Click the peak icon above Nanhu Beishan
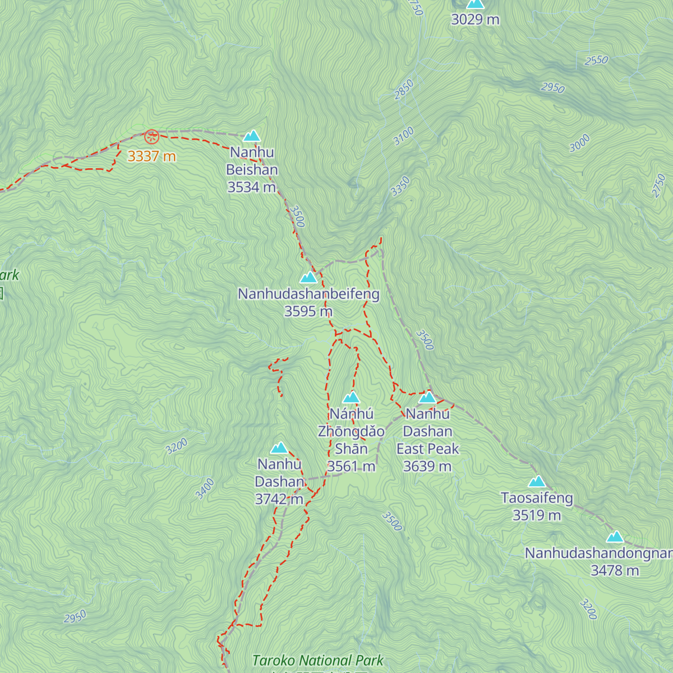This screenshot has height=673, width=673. click(251, 136)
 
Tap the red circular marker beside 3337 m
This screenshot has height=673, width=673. click(151, 136)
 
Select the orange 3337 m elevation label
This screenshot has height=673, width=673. click(151, 156)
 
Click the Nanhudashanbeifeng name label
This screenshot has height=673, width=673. click(308, 294)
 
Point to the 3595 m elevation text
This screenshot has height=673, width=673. click(308, 311)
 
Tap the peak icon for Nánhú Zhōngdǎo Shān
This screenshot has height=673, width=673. click(351, 398)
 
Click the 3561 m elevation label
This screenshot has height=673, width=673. click(351, 466)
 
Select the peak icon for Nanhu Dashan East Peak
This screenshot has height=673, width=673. click(427, 398)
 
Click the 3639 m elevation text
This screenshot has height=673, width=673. click(427, 466)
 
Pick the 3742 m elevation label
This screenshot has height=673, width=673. click(279, 499)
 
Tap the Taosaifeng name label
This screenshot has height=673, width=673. click(537, 498)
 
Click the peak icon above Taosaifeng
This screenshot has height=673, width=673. click(537, 482)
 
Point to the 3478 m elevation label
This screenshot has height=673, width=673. click(615, 570)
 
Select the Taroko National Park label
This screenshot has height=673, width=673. click(317, 661)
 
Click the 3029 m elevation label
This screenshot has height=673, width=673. click(475, 20)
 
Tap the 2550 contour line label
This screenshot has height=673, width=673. click(596, 60)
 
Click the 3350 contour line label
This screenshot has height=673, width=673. click(400, 187)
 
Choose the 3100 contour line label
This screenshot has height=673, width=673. click(404, 136)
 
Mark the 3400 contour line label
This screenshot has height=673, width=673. click(205, 488)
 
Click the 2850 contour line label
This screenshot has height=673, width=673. click(404, 90)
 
